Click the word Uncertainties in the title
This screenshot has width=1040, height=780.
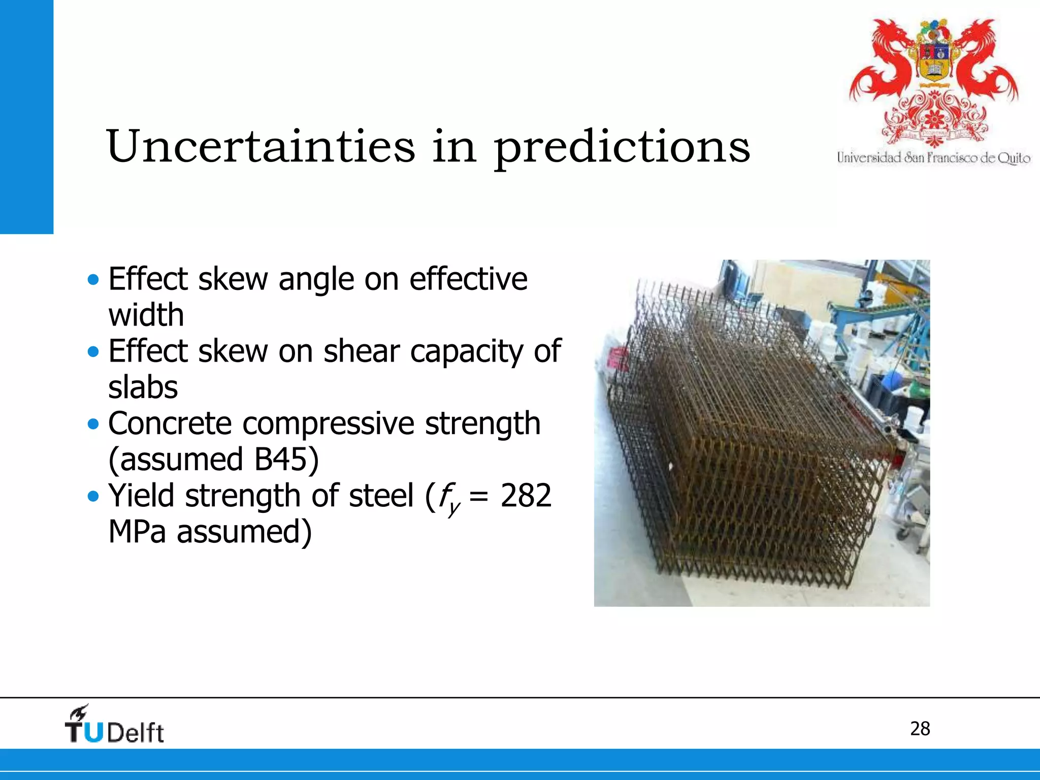(x=261, y=147)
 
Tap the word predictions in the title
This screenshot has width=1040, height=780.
(x=622, y=148)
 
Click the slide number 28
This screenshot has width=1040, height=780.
(x=920, y=729)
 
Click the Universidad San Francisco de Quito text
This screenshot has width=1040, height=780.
(x=933, y=158)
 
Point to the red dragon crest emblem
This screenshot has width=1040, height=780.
(x=933, y=81)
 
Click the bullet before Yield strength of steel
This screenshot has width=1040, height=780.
(x=93, y=496)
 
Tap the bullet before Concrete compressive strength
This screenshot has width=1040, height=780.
(x=93, y=424)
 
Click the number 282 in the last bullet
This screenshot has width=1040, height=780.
(x=526, y=496)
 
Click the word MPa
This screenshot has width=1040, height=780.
(x=137, y=532)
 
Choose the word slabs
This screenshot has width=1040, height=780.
(x=143, y=387)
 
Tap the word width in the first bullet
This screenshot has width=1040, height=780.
(x=146, y=315)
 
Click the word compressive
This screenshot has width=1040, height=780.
(x=328, y=424)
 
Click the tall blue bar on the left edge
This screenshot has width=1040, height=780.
(x=26, y=117)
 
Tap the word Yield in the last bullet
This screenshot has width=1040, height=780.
(x=141, y=496)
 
